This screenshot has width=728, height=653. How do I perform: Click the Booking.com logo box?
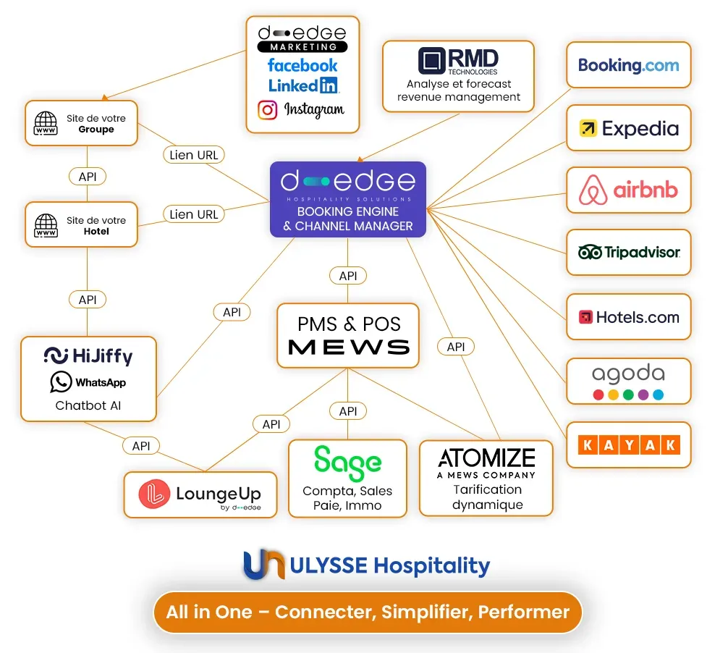pos(628,65)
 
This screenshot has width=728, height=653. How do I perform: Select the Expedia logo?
pos(628,128)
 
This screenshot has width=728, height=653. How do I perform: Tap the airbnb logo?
pos(628,190)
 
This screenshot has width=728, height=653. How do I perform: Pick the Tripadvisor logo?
pos(628,253)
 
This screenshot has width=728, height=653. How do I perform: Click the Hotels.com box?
pos(628,317)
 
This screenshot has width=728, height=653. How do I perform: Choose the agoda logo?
pos(628,381)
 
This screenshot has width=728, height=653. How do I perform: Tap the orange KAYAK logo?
pos(628,445)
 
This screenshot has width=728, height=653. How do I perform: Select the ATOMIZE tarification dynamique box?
pos(486,478)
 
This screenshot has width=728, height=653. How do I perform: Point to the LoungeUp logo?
pos(200,494)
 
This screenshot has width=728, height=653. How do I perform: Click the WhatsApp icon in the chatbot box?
pos(61,382)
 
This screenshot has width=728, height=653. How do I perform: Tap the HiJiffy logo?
pos(88,355)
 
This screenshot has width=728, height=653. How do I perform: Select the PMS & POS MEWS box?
pos(348,335)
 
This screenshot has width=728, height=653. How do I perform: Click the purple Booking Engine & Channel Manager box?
pos(348,199)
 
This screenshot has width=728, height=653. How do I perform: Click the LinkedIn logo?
pos(302,85)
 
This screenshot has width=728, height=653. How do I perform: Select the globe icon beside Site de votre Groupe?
pos(46,124)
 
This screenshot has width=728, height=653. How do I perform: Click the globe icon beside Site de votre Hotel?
pos(46,226)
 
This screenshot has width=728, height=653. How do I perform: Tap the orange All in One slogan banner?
pos(368,612)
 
